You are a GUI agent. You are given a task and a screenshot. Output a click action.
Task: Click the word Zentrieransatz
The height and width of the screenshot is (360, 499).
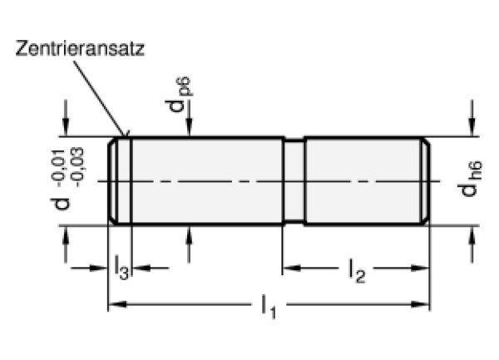(x=80, y=49)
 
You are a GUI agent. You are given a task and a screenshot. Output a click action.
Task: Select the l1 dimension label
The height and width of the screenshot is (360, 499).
(x=269, y=307)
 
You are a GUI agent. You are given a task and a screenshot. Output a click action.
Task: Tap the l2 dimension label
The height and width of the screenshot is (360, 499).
(x=357, y=271)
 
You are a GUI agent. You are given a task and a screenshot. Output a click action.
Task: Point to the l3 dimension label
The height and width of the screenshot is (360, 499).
(x=121, y=268)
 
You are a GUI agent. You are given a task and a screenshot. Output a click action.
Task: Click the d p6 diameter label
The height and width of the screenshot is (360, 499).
(x=179, y=94)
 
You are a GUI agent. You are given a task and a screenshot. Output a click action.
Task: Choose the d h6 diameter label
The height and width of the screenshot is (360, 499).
(x=470, y=179)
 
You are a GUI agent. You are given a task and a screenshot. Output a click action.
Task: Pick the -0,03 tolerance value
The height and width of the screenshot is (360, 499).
(x=77, y=167)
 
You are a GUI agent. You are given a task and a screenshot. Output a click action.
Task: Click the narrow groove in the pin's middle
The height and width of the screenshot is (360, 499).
(x=294, y=181)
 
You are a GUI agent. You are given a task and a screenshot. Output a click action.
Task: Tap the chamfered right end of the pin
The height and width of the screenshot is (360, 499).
(x=426, y=181)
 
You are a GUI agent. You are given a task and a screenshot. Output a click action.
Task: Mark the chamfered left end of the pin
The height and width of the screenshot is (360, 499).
(x=112, y=181)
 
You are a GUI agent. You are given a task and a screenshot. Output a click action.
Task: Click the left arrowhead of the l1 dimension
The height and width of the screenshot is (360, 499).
(x=118, y=304)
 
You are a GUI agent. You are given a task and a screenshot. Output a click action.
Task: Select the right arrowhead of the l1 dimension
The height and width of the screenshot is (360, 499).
(x=420, y=304)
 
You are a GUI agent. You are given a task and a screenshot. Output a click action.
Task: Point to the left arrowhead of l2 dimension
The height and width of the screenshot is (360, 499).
(x=292, y=268)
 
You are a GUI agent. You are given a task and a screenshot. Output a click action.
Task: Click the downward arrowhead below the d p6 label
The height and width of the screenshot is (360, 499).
(x=190, y=127)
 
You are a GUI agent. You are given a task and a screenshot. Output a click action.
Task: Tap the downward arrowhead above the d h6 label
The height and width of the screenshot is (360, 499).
(x=472, y=127)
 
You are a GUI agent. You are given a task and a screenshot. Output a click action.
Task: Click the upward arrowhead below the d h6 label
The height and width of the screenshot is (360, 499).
(x=472, y=235)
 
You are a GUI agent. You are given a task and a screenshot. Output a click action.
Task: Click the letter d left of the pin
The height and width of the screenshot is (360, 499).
(x=61, y=204)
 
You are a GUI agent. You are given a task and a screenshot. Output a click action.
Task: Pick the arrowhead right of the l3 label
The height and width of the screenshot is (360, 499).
(x=141, y=268)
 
